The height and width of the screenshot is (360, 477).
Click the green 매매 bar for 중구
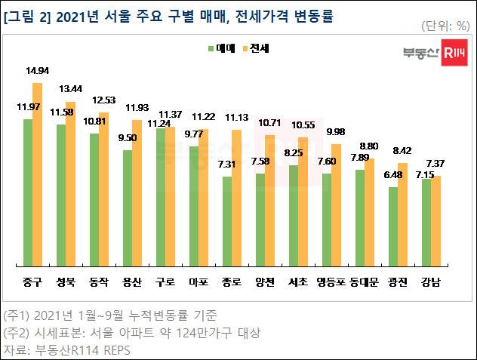coord(28,192)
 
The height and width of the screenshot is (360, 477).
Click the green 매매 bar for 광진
coord(393,226)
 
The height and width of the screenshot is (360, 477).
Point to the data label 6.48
coord(393,176)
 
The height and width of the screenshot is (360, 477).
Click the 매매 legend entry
coord(223,48)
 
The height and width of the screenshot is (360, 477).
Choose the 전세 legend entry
coord(257,48)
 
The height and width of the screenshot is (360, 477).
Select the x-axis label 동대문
coord(365,282)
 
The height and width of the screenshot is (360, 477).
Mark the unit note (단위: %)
coord(440,25)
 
